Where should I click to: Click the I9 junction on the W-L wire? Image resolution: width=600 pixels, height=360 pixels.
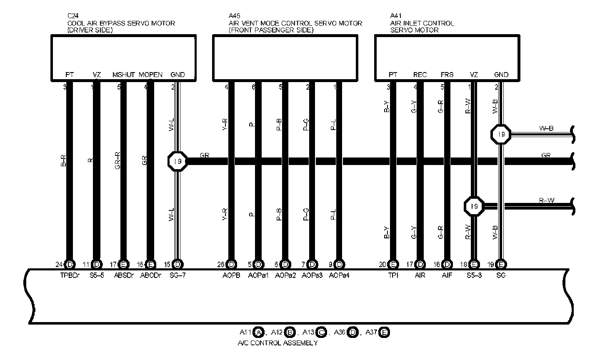coord(177,162)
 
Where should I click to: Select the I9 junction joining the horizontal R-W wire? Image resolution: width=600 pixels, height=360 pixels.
coord(474,206)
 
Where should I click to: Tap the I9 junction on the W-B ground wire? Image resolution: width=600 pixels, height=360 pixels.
coord(501,134)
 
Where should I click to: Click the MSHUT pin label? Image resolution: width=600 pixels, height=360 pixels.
coord(123,75)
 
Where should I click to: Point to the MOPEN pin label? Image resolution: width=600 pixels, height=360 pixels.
coord(150,75)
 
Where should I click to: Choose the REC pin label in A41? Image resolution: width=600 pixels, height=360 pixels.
coord(420,75)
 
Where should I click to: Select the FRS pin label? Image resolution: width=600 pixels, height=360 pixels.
coord(447,75)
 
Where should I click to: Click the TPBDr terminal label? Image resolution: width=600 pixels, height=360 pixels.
coord(69,275)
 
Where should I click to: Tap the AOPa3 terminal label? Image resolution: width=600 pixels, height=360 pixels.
coord(312,275)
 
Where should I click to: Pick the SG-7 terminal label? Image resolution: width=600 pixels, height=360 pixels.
coord(177,275)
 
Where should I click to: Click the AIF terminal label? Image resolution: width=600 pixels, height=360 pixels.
coord(447,275)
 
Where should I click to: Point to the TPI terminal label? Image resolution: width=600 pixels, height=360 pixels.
coord(393,275)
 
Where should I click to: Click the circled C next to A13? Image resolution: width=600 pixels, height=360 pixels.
coord(321,332)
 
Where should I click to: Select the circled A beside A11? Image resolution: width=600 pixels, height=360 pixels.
coord(259,332)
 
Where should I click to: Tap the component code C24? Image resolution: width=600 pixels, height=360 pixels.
coord(72,16)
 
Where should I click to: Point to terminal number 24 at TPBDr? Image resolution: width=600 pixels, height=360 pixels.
coord(59,264)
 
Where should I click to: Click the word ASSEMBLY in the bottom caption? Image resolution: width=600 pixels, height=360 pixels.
coord(300,343)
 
